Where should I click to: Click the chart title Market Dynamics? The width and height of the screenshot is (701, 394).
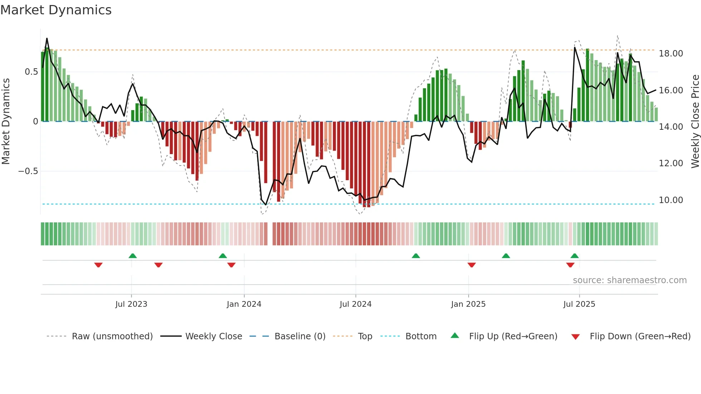click(x=56, y=10)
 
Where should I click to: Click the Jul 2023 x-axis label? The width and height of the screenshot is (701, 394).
click(x=131, y=304)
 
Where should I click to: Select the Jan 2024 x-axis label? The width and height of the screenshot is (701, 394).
click(x=244, y=304)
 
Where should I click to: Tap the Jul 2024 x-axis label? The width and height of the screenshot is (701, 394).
click(x=356, y=304)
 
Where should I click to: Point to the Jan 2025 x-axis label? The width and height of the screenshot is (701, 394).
click(x=468, y=304)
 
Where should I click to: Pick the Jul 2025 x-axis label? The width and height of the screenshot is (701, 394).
click(x=579, y=304)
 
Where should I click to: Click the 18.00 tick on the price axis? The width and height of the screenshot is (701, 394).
click(x=671, y=54)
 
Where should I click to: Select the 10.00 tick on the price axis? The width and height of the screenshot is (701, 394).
click(x=671, y=200)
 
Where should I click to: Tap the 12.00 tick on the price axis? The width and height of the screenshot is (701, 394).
click(x=671, y=163)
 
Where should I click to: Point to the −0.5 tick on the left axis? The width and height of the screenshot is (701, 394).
click(x=28, y=171)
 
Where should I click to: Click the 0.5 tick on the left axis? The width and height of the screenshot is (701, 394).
click(x=31, y=72)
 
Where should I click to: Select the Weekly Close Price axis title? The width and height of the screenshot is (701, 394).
click(x=695, y=122)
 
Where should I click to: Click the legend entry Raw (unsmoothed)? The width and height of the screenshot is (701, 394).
click(x=112, y=336)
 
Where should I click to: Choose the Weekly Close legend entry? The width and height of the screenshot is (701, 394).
click(x=214, y=336)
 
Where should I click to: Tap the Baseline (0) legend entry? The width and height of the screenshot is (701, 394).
click(x=300, y=336)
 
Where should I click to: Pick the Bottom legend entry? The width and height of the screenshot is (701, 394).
click(x=421, y=336)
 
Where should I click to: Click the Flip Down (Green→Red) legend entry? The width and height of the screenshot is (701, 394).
click(x=640, y=336)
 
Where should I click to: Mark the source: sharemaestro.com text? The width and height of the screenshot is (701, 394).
click(x=629, y=280)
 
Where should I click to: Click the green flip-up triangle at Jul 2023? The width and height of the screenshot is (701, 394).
click(x=133, y=256)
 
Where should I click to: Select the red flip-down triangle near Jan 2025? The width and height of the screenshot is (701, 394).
click(x=471, y=265)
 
